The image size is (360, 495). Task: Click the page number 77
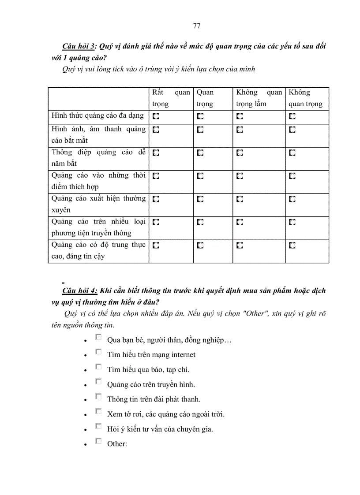197,26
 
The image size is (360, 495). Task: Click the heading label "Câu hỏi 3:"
80,46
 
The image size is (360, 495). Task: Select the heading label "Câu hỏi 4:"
80,290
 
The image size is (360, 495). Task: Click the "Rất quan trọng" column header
171,98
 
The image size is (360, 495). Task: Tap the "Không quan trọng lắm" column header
259,98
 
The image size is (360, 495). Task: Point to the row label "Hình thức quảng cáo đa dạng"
98,116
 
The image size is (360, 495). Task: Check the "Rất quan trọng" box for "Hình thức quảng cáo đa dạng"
156,116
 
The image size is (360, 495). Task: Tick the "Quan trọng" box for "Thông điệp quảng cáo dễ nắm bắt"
200,153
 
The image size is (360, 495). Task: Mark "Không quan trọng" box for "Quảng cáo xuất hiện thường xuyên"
292,199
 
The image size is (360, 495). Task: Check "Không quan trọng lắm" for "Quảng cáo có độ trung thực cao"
240,245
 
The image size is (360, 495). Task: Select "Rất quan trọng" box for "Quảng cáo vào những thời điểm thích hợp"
156,176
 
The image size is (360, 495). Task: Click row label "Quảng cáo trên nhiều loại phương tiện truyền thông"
98,227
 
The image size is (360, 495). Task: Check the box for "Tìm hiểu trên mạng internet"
98,352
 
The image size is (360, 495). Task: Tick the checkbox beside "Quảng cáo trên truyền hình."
98,382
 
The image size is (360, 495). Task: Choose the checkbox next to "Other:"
98,441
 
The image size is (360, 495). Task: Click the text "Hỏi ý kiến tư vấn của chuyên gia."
160,429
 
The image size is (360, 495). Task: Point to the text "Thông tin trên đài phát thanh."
154,399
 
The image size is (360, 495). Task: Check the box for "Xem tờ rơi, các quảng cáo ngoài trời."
98,412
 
